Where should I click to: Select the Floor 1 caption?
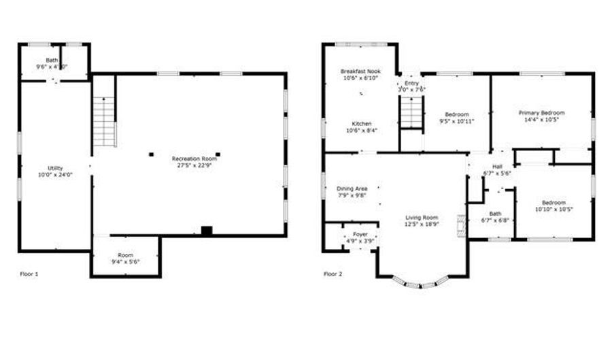coord(29,274)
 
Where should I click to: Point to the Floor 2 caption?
coord(333,274)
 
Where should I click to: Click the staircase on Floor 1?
coord(105,121)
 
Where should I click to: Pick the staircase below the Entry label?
coord(411,112)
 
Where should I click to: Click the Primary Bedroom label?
coord(541,113)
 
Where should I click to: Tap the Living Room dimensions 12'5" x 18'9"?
coord(422,224)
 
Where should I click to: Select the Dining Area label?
coord(352,189)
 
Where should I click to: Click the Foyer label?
coord(360,234)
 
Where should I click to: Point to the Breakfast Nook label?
coord(360,71)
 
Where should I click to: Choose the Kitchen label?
coord(361,123)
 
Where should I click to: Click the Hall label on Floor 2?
coord(496,167)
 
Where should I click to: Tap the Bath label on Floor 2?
coord(494,213)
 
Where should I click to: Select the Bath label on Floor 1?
coord(52,61)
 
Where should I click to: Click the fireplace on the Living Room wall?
coord(462,227)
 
